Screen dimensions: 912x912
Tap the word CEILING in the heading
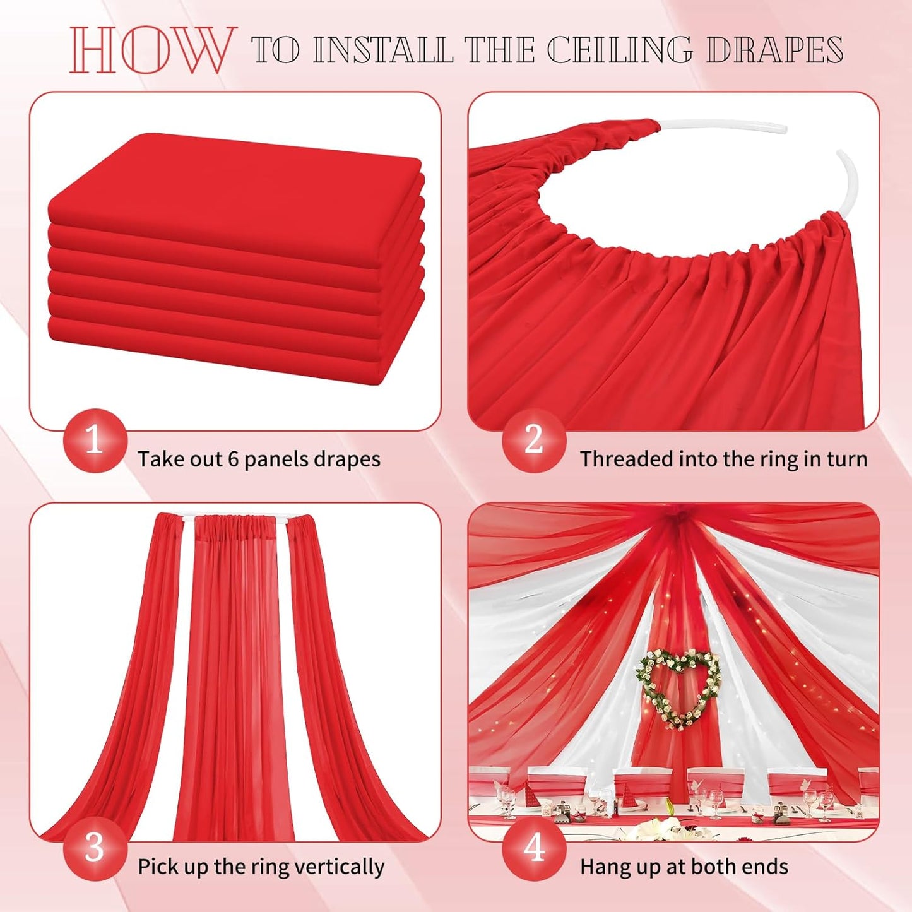tap(619, 50)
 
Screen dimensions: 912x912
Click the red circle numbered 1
tap(95, 440)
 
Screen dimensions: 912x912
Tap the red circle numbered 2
tap(534, 440)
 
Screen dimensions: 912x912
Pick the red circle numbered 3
tap(95, 848)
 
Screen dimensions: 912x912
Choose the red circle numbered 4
tap(534, 848)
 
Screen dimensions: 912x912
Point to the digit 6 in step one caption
tap(233, 459)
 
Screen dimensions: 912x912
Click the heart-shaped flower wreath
tap(678, 688)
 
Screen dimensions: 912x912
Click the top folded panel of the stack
tap(234, 183)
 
